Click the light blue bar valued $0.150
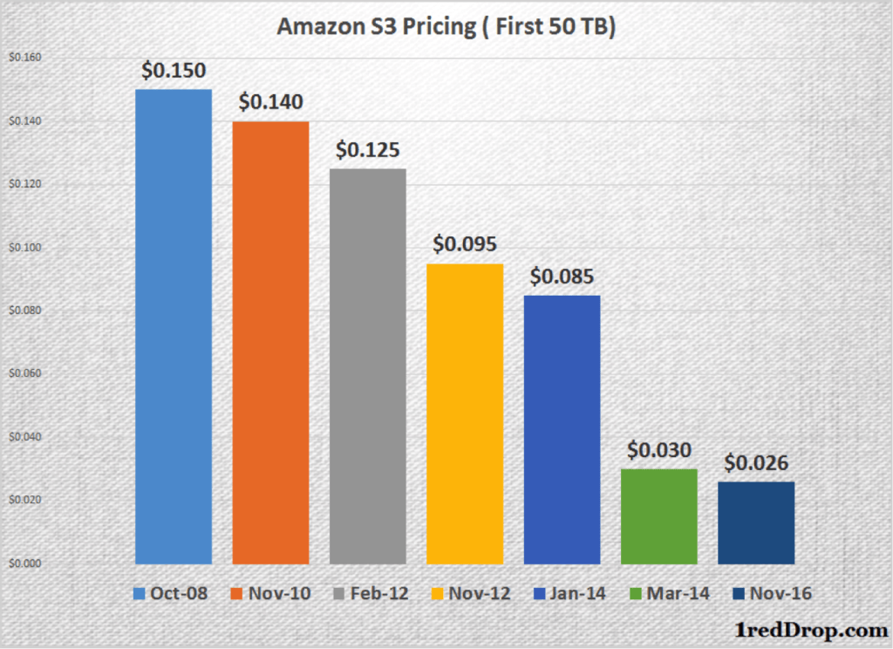coord(174,326)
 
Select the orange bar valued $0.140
coord(270,343)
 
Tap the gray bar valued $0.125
coord(367,366)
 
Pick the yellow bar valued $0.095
coord(465,413)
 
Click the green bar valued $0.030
coord(659,516)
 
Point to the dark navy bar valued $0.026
coord(756,523)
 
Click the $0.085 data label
coord(562,277)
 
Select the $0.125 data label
coord(368,150)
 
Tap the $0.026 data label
coord(756,463)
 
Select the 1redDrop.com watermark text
coord(807,628)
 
